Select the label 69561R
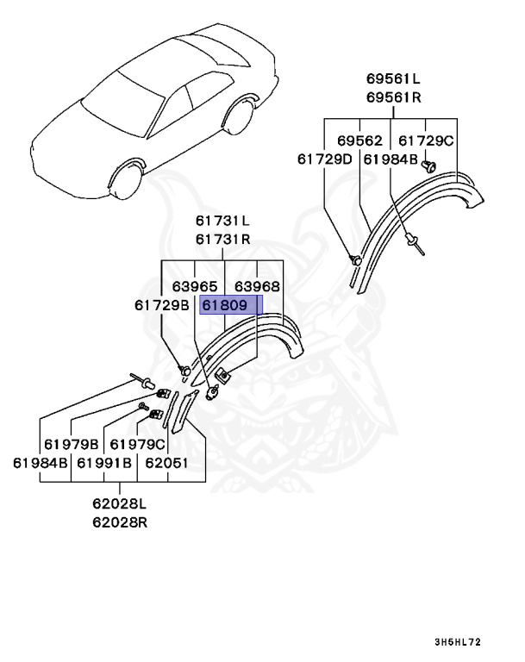[x=392, y=97]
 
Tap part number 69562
[x=359, y=141]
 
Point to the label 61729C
[x=425, y=141]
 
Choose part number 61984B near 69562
[x=391, y=159]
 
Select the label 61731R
[x=222, y=240]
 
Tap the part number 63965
[x=194, y=286]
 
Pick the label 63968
[x=258, y=286]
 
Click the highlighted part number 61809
[x=225, y=305]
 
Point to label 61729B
[x=161, y=305]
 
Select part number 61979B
[x=72, y=445]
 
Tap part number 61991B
[x=104, y=463]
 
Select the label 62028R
[x=121, y=523]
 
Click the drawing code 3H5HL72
[x=458, y=642]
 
